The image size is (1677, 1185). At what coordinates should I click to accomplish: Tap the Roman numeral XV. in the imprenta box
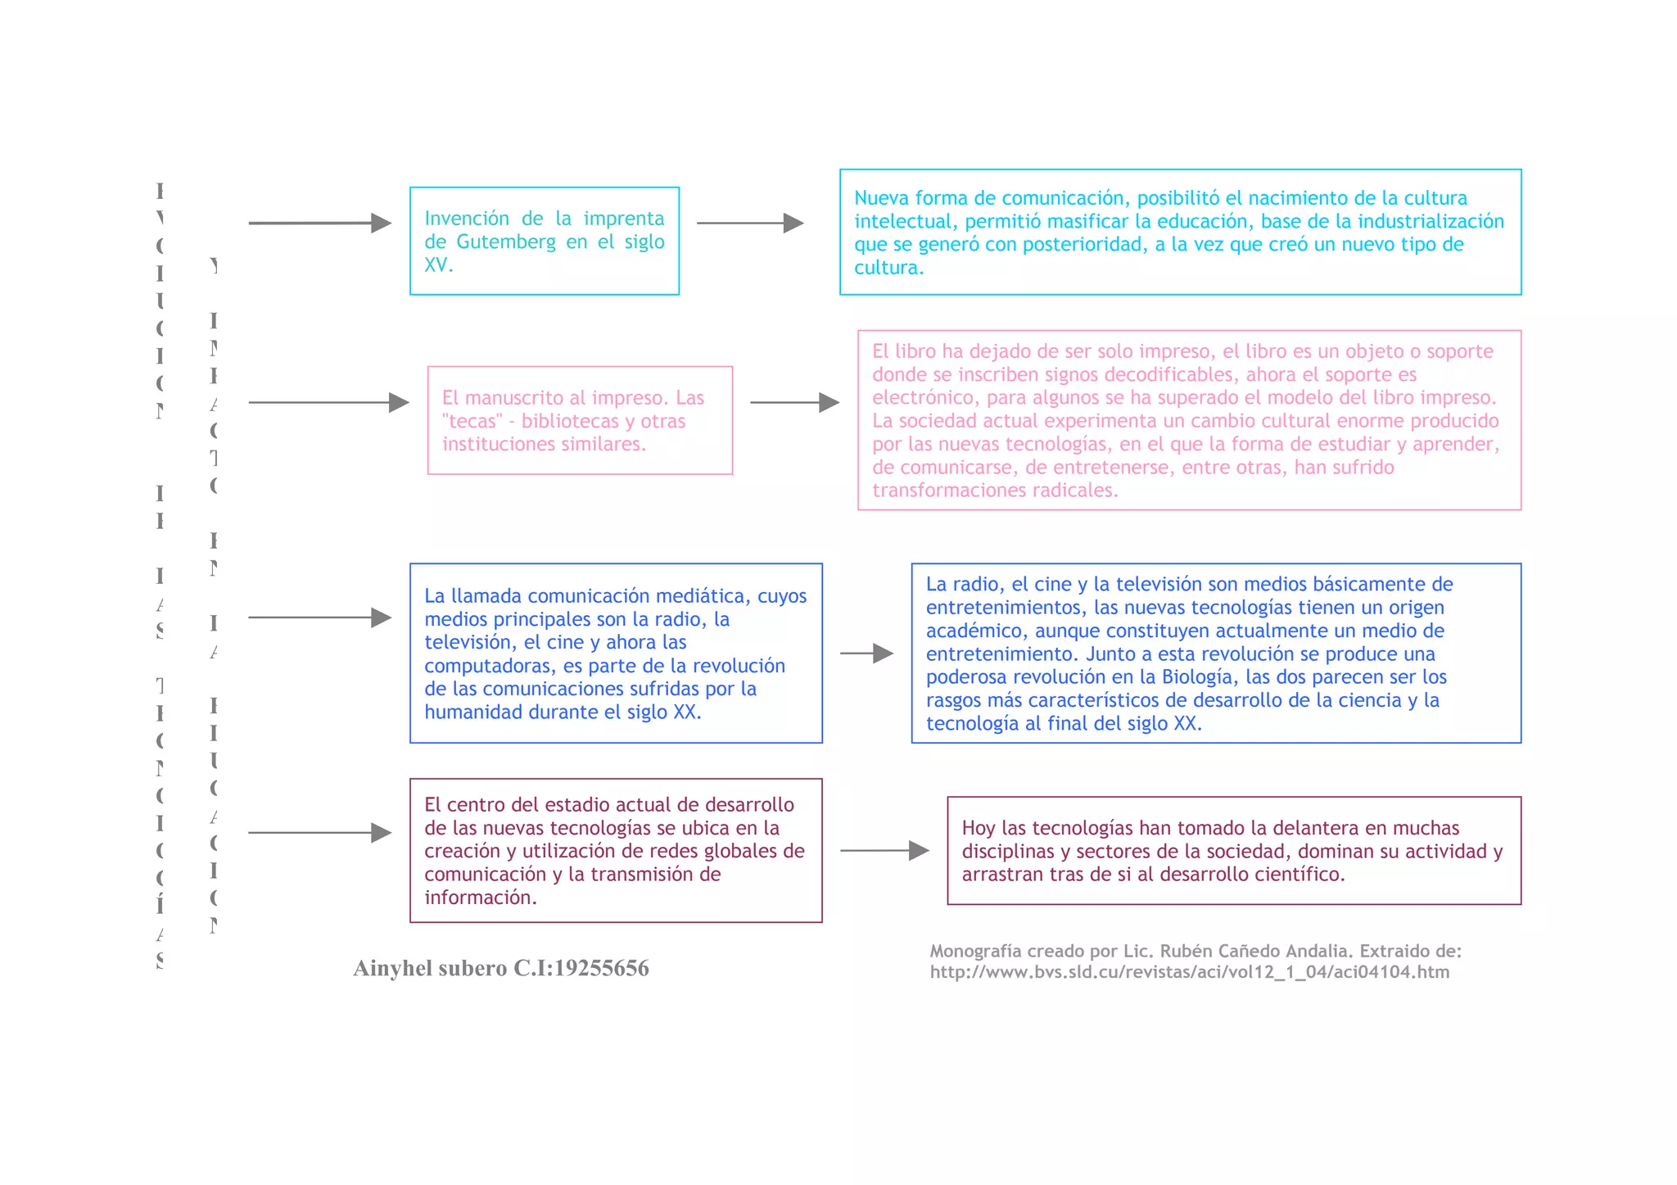(438, 265)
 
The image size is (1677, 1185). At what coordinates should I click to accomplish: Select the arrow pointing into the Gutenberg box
(319, 223)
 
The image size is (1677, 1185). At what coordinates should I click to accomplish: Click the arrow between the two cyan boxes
(750, 223)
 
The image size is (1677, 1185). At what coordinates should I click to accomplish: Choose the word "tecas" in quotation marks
(471, 421)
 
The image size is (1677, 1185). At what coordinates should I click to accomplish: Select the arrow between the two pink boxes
(794, 402)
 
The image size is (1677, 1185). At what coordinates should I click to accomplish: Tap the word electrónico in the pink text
(918, 398)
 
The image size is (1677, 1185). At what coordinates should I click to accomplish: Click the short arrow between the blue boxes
(866, 654)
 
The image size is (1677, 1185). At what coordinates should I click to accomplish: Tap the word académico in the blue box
(963, 631)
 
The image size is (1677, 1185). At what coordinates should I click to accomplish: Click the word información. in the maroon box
(481, 898)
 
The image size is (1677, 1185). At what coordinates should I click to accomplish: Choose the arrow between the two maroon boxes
(884, 851)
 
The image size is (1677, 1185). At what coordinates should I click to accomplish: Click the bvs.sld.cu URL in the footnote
(1189, 972)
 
